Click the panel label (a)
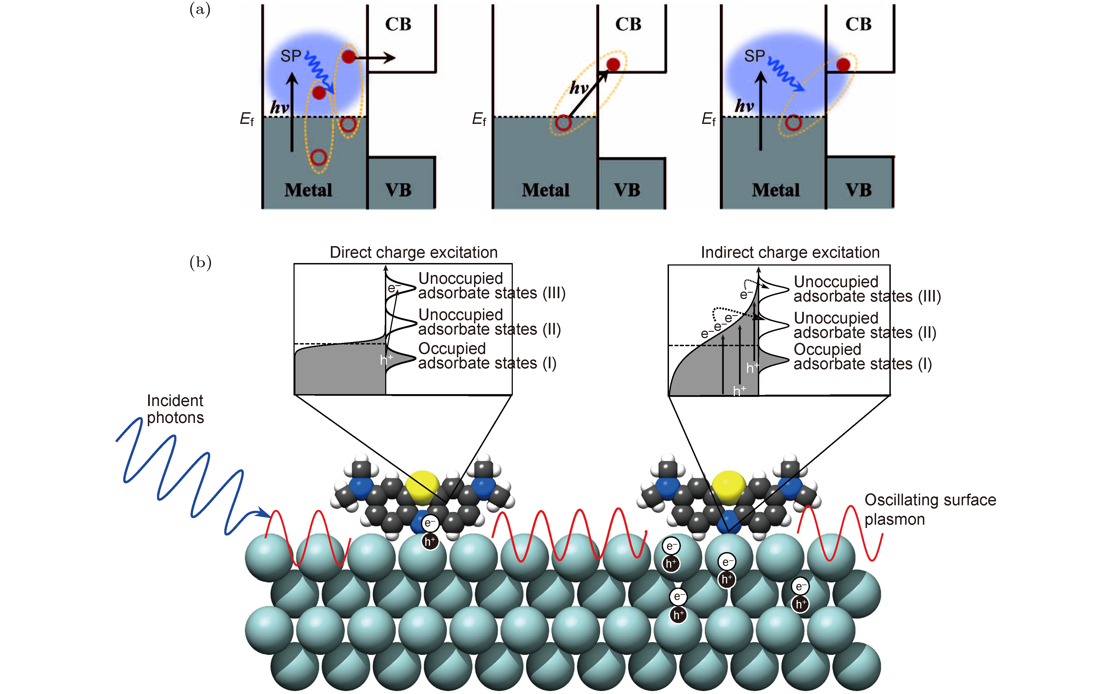coord(200,9)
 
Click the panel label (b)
coord(200,262)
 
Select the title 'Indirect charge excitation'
coord(790,252)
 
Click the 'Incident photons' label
coord(175,409)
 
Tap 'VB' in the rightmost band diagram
coord(858,190)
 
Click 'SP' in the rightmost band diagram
coord(754,56)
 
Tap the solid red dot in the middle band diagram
coord(613,65)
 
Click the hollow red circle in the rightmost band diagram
coord(793,123)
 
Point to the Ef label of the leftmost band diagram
coord(247,119)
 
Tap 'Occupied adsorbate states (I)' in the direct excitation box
coord(487,356)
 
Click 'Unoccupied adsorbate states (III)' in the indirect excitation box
coord(867,289)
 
